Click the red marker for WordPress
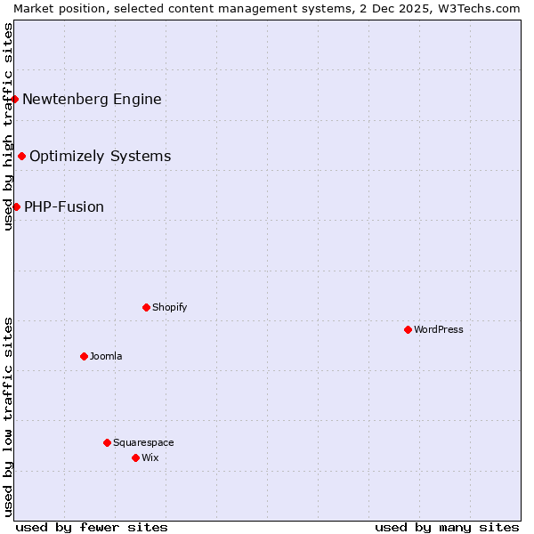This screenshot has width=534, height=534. [408, 329]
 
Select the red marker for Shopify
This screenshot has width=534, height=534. [146, 307]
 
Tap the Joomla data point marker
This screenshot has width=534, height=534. [84, 356]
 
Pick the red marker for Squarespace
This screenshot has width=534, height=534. [107, 442]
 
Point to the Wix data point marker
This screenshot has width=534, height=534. [135, 457]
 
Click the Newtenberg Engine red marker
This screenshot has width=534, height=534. [15, 99]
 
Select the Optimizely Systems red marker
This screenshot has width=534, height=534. [21, 156]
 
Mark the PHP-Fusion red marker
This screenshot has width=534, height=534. [16, 206]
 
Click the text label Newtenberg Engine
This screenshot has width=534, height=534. [92, 99]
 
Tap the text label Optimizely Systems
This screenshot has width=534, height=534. [100, 156]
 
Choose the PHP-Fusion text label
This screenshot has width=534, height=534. [64, 206]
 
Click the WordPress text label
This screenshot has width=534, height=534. [439, 329]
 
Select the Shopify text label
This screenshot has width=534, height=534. [169, 307]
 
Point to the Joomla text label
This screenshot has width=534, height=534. [106, 356]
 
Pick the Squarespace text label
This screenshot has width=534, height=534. [143, 442]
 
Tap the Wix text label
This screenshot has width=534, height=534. [150, 457]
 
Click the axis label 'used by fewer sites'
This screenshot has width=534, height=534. [92, 527]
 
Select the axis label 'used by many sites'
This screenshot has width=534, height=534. [447, 527]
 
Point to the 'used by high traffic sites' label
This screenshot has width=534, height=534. [8, 126]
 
